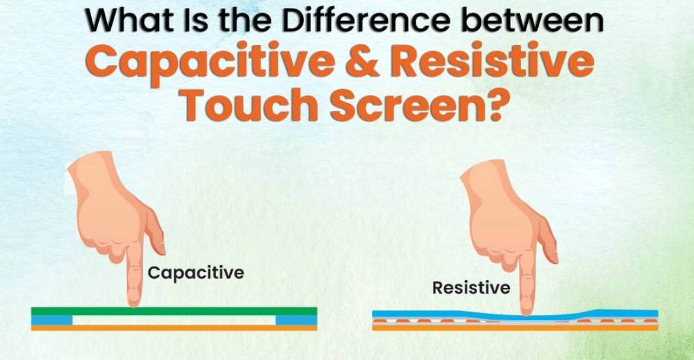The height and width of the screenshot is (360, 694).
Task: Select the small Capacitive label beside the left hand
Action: pos(196,272)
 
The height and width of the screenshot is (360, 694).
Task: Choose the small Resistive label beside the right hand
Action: pos(471,287)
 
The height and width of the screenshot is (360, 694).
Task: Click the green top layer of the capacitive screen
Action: pos(174,311)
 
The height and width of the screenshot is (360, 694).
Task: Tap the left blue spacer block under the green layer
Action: pos(52,320)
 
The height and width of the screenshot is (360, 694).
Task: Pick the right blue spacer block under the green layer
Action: pos(296,320)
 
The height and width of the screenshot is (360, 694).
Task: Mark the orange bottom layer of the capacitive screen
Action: pos(174,327)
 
